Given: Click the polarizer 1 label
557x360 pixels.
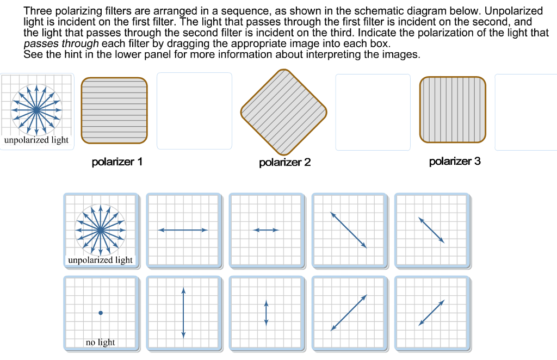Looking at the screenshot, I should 117,162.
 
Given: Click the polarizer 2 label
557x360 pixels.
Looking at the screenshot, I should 284,163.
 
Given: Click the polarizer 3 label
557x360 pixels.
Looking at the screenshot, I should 455,162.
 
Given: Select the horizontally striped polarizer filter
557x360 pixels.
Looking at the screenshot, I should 114,110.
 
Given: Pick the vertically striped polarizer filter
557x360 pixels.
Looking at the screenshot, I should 453,110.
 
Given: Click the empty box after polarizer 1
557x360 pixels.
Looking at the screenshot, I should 194,111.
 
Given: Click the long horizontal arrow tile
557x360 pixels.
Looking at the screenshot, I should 183,230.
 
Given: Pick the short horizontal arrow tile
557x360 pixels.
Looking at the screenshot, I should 266,230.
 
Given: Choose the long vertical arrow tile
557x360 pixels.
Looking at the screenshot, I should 183,313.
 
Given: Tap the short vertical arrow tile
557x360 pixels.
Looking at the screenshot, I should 266,313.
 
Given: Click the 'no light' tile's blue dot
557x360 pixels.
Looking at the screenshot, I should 101,313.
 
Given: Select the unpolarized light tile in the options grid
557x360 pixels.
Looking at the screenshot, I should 101,230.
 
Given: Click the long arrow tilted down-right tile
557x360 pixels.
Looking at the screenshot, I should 349,230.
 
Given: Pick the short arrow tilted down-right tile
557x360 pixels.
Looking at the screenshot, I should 431,230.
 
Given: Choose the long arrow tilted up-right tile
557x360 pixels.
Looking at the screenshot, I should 349,313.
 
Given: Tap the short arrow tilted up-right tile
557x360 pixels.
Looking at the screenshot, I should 431,313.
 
